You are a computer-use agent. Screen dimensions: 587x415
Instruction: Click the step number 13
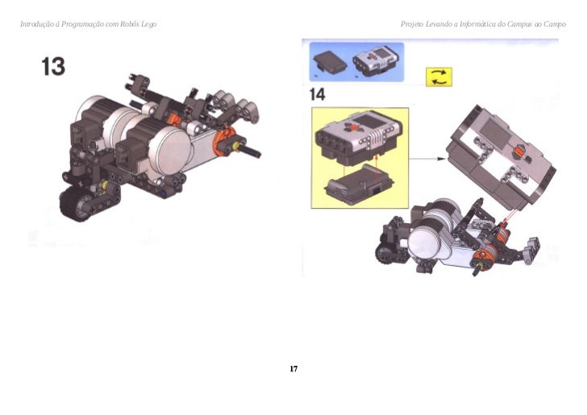pyautogui.click(x=53, y=67)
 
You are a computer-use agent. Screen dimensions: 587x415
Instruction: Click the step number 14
pyautogui.click(x=317, y=94)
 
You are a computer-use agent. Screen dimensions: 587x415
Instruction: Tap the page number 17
pyautogui.click(x=293, y=368)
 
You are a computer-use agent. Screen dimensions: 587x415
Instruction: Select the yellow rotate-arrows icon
pyautogui.click(x=439, y=77)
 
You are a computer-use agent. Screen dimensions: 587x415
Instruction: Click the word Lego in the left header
pyautogui.click(x=148, y=24)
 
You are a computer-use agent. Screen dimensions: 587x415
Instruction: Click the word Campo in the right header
pyautogui.click(x=555, y=24)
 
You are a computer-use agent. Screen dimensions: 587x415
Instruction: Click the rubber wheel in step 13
pyautogui.click(x=77, y=204)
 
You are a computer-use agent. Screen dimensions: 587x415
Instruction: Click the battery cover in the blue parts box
pyautogui.click(x=330, y=62)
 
